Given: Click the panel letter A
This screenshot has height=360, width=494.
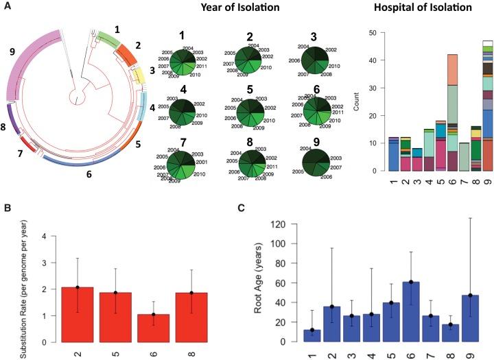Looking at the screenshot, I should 6,9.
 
